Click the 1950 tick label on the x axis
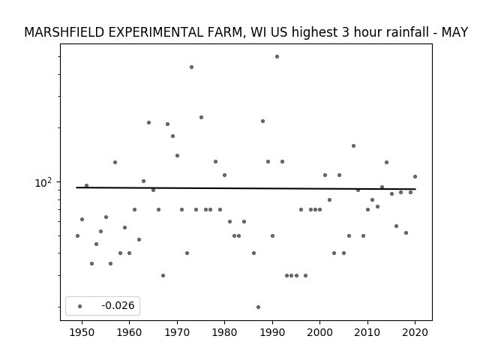[x=82, y=332]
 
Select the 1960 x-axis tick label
[x=129, y=332]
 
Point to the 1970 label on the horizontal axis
[x=177, y=332]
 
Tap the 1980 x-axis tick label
[x=224, y=332]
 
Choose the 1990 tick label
[x=272, y=332]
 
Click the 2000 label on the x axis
[x=319, y=332]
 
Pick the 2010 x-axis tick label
[x=367, y=332]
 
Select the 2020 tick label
[x=415, y=332]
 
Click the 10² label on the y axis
[x=43, y=182]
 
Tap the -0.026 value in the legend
[x=118, y=305]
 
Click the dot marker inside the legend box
[x=80, y=306]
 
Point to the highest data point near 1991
[x=277, y=57]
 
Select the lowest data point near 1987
[x=258, y=307]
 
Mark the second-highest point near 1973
[x=192, y=67]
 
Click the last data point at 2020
[x=415, y=177]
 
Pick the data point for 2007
[x=353, y=146]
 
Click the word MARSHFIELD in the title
[x=64, y=32]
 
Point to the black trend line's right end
[x=415, y=189]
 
